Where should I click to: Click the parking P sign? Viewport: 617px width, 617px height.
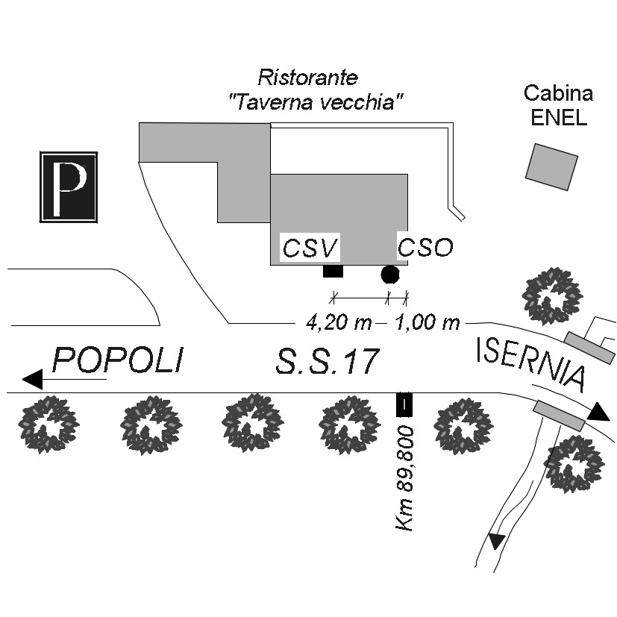pyautogui.click(x=69, y=187)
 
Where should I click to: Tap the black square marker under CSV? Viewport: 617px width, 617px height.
pyautogui.click(x=333, y=272)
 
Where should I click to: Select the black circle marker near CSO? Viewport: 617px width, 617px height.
pyautogui.click(x=389, y=274)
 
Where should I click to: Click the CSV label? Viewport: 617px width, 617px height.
pyautogui.click(x=310, y=248)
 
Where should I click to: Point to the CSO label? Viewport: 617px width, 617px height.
pyautogui.click(x=425, y=247)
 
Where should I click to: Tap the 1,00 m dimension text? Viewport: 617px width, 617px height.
pyautogui.click(x=427, y=323)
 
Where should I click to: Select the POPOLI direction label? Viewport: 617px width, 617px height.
pyautogui.click(x=118, y=361)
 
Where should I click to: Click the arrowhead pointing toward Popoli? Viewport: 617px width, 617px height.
pyautogui.click(x=34, y=379)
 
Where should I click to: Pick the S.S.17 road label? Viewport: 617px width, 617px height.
pyautogui.click(x=328, y=363)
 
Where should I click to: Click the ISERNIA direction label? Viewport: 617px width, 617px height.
pyautogui.click(x=530, y=363)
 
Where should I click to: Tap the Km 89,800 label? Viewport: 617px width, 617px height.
pyautogui.click(x=406, y=477)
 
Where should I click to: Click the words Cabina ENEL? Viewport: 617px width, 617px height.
pyautogui.click(x=558, y=105)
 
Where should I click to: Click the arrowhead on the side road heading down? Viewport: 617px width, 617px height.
pyautogui.click(x=496, y=541)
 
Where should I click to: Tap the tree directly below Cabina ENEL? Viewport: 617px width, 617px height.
pyautogui.click(x=552, y=294)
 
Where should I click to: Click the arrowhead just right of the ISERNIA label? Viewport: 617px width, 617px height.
pyautogui.click(x=598, y=412)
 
